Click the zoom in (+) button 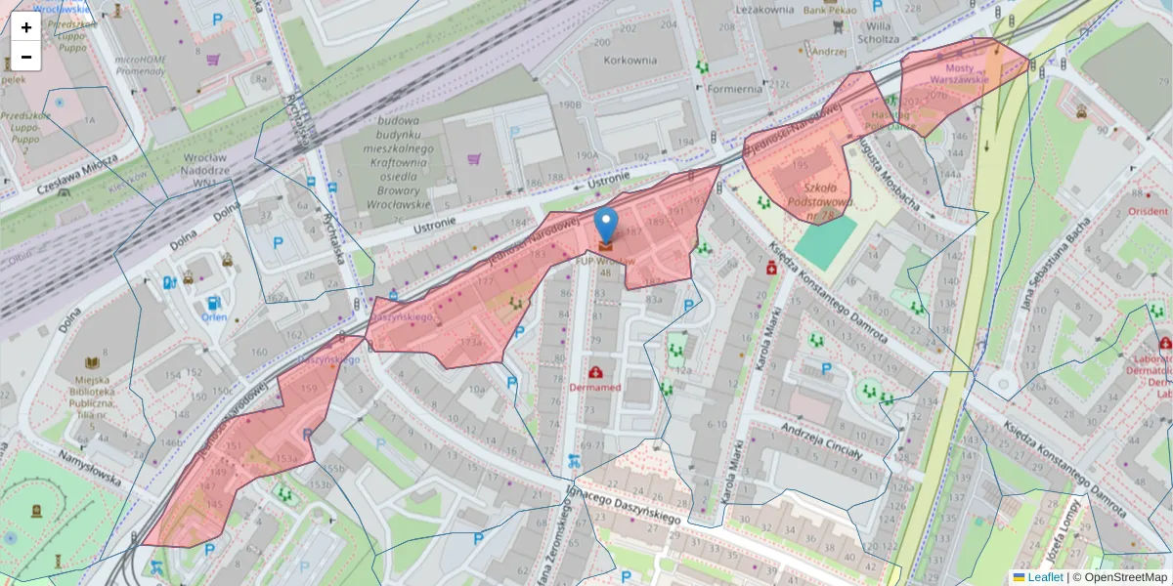click(26, 27)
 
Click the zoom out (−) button click(26, 57)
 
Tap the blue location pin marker click(606, 226)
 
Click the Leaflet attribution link click(1044, 577)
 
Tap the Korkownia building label click(630, 60)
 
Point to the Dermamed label click(595, 388)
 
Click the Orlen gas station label click(213, 317)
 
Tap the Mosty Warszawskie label click(952, 73)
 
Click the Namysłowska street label click(90, 468)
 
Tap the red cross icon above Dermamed click(595, 372)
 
